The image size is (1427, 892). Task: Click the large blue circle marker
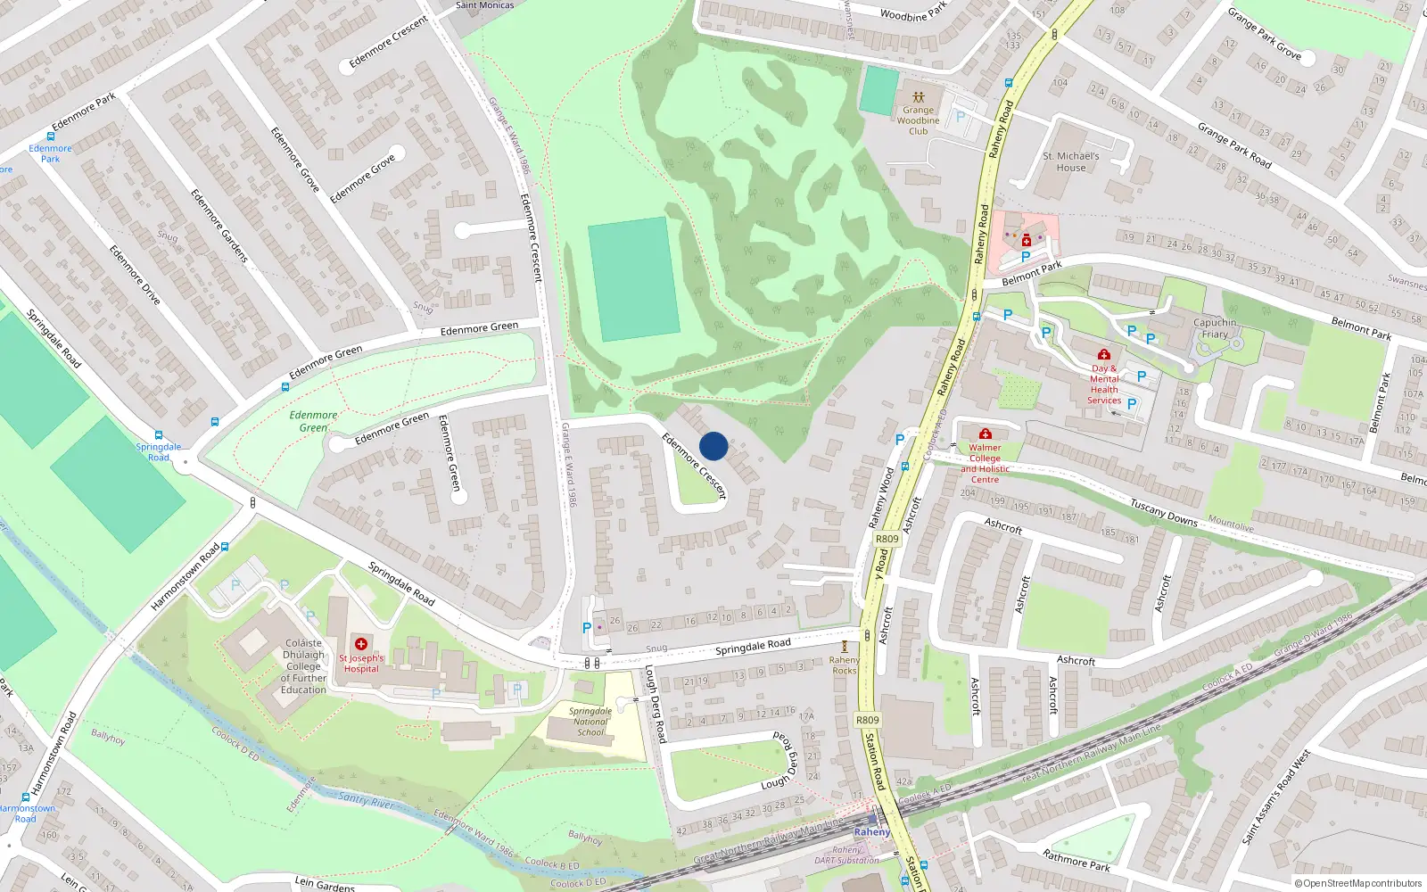[713, 446]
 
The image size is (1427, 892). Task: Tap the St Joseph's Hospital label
[361, 664]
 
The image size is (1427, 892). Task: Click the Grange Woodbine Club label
[918, 120]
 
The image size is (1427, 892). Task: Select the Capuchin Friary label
[1215, 328]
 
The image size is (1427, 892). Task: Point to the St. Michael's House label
[1070, 161]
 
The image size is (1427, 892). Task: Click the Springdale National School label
[590, 722]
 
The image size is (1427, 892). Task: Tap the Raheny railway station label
[871, 832]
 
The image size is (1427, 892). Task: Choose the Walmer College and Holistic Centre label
[985, 464]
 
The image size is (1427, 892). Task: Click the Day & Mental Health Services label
[1104, 384]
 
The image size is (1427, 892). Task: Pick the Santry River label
[366, 800]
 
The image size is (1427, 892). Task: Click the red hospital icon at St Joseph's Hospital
[361, 644]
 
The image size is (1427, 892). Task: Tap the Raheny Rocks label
[844, 665]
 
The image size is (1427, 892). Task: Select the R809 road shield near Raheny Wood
[887, 539]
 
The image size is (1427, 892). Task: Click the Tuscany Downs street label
[1164, 512]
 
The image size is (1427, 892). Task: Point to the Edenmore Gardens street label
[219, 225]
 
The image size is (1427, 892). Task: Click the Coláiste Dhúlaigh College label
[303, 665]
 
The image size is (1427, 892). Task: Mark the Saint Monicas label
[484, 5]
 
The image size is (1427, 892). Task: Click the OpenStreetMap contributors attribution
[1357, 884]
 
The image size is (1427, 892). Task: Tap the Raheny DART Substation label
[846, 855]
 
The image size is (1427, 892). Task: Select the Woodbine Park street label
[913, 12]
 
